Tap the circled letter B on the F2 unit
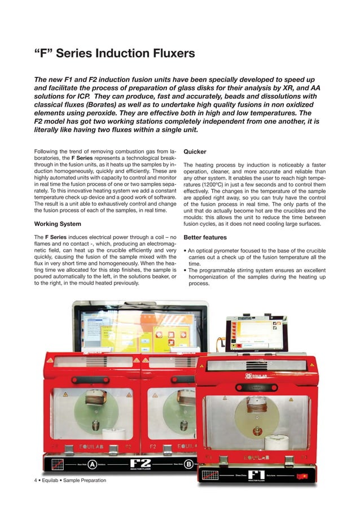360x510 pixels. point(188,464)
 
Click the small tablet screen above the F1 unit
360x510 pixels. point(255,334)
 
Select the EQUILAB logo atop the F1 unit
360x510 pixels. point(257,376)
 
